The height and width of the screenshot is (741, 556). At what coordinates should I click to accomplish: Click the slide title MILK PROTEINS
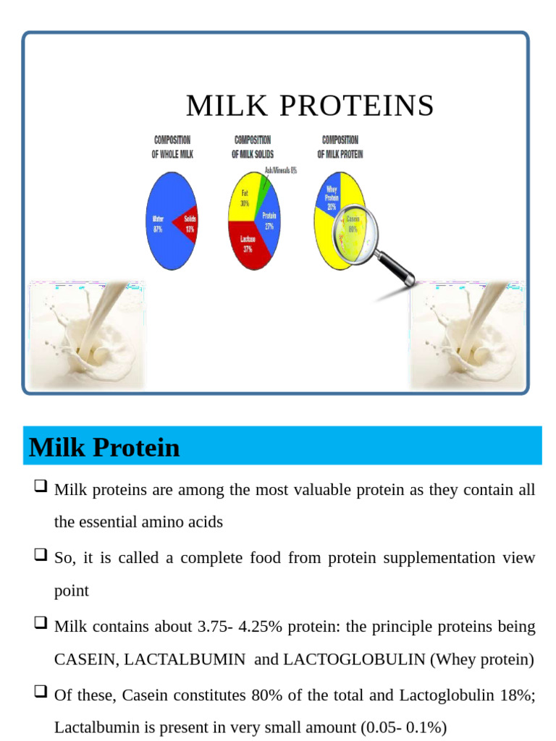coord(310,106)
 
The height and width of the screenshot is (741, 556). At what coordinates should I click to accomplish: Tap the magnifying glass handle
coord(395,268)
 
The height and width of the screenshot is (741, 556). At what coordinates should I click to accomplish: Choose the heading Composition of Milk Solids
coord(253,147)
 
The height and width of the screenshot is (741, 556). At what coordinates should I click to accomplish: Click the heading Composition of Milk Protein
coord(340,147)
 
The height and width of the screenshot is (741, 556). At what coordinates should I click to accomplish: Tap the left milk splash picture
coord(86,335)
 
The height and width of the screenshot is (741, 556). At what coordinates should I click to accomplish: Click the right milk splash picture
coord(467,335)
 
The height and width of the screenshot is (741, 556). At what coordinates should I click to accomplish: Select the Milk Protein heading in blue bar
coord(104,448)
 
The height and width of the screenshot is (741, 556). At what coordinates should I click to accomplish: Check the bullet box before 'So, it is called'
coord(41,556)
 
